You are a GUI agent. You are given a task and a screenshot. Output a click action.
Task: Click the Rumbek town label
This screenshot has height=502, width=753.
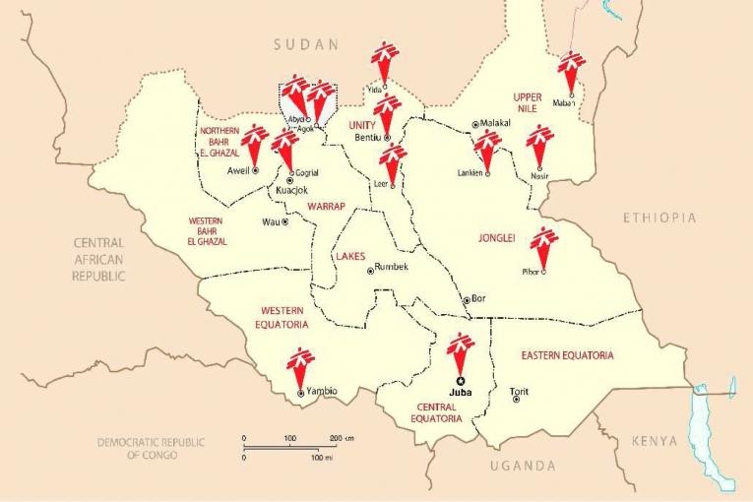tap(391, 269)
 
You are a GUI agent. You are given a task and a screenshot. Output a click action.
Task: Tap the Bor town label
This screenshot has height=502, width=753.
tap(479, 299)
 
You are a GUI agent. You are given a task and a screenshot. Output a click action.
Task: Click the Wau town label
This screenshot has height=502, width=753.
tap(271, 221)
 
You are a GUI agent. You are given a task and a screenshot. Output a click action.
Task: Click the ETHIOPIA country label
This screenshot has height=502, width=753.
tap(659, 218)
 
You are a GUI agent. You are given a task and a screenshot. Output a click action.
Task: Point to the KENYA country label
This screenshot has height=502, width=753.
tap(655, 441)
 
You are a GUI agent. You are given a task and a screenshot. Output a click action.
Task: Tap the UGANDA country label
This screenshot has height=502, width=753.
tap(523, 466)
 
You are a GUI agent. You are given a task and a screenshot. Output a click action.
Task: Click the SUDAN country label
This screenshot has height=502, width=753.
tap(306, 44)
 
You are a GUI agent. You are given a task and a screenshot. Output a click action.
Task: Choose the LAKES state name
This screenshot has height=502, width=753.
tap(350, 256)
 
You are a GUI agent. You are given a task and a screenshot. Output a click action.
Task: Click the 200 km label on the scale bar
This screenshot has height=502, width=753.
tap(342, 437)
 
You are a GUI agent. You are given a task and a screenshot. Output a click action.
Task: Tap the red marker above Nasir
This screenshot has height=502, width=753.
tap(539, 144)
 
